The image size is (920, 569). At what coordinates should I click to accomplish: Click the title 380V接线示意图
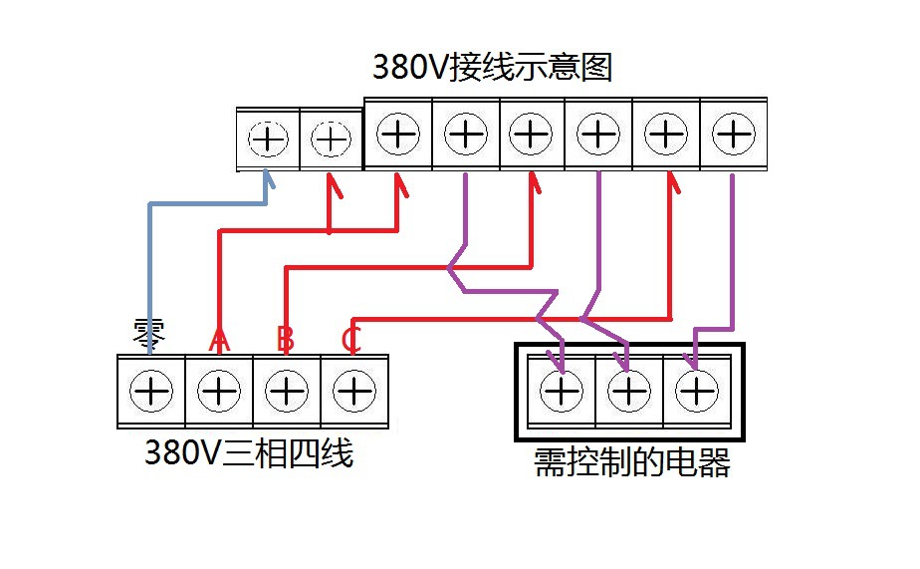491,68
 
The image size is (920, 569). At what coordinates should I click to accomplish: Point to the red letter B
286,339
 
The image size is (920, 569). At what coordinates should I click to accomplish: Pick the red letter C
350,339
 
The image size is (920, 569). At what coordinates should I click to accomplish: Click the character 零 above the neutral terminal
150,333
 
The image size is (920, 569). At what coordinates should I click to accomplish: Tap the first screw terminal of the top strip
267,140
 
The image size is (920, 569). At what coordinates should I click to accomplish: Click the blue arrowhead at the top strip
267,179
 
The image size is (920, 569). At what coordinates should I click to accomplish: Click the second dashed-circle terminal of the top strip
332,140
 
